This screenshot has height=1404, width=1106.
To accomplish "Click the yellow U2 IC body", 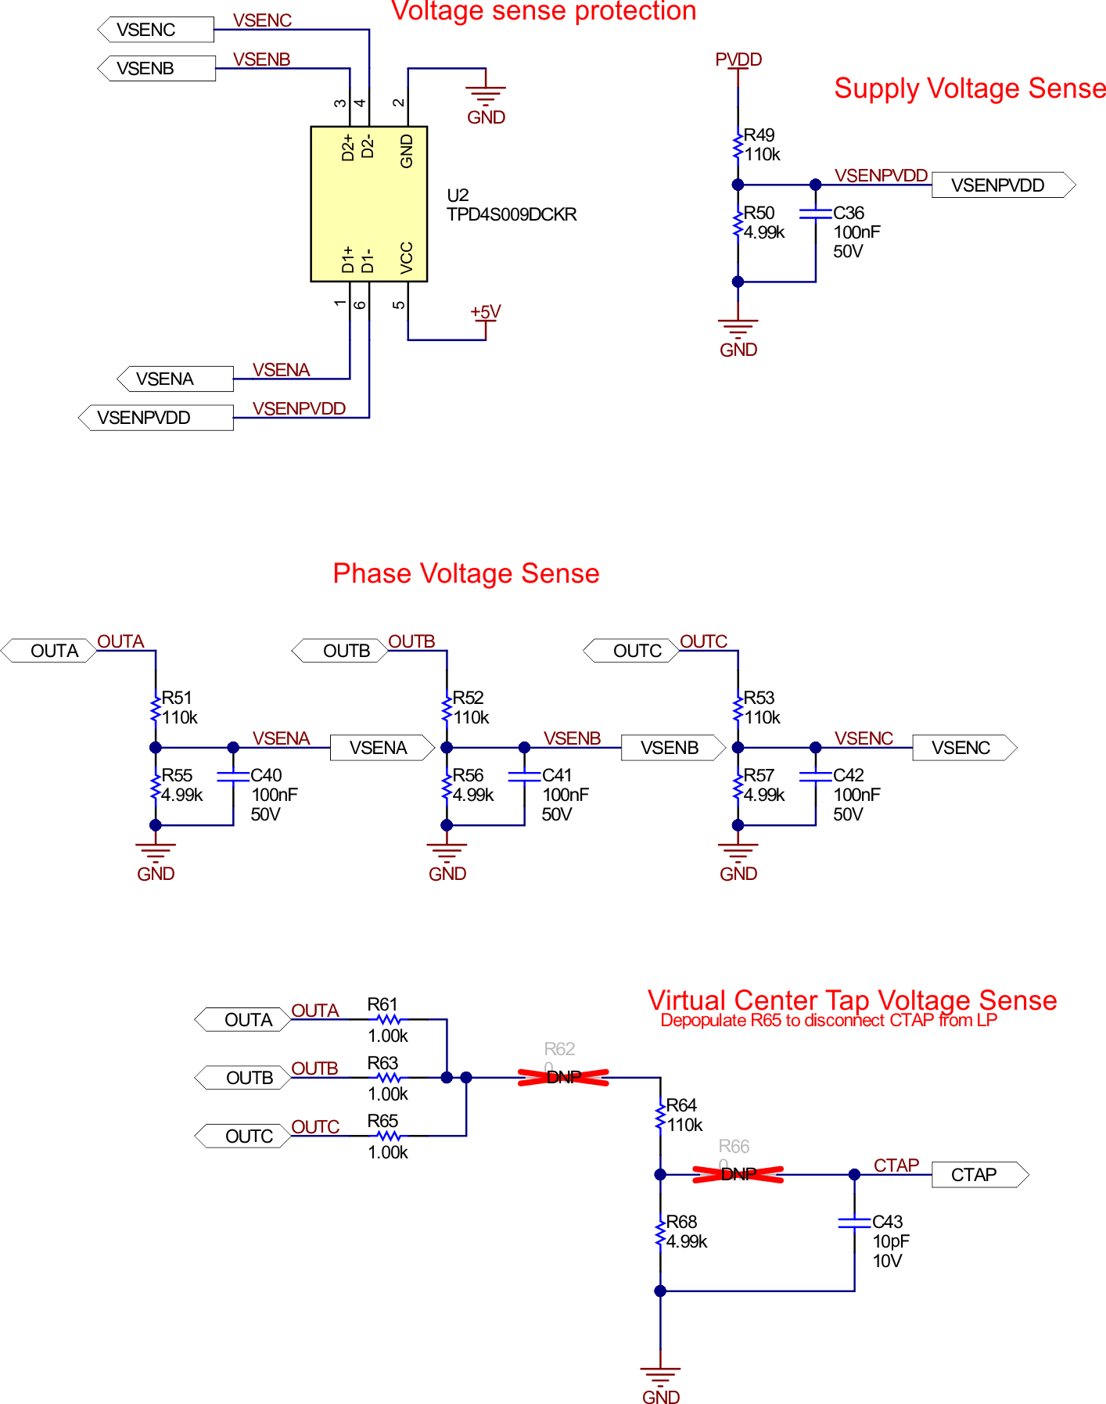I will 368,203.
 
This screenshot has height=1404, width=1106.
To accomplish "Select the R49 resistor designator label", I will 759,135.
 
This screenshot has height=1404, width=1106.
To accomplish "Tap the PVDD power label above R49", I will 738,59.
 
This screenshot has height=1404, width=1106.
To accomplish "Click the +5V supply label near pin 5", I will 485,312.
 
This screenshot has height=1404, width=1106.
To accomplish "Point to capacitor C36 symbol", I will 815,213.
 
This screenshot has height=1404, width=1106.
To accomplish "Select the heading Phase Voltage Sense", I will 465,573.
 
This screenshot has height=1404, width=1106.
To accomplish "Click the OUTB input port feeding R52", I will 341,651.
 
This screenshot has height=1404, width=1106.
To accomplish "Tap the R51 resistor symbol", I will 156,708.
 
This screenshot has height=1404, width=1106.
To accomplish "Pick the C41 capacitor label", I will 557,775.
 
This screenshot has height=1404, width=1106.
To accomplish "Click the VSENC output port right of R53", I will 963,748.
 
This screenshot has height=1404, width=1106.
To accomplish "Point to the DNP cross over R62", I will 563,1077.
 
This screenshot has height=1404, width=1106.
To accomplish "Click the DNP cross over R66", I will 738,1174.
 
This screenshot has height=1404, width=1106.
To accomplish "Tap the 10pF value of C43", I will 891,1241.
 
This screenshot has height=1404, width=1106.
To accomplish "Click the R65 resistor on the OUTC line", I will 388,1136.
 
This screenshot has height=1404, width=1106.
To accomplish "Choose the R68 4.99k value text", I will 687,1241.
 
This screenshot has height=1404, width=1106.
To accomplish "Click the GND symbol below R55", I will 156,853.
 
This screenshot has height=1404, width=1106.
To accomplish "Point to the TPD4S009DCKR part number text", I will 512,214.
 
